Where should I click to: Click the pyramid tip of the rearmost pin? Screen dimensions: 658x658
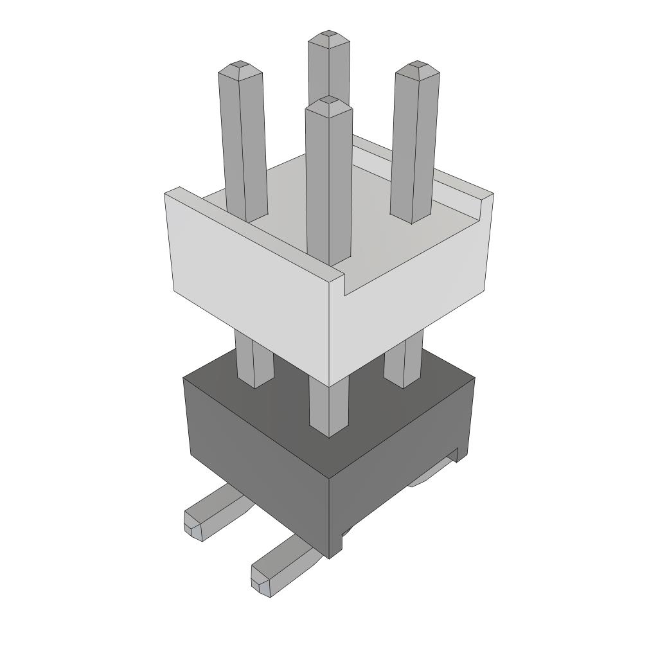coord(329,34)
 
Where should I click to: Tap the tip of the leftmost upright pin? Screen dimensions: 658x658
coord(240,66)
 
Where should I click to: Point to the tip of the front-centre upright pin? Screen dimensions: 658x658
coord(329,101)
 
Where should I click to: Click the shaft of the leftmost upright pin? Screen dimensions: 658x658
coord(243,141)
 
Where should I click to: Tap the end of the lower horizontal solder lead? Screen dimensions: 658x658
coord(261,582)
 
